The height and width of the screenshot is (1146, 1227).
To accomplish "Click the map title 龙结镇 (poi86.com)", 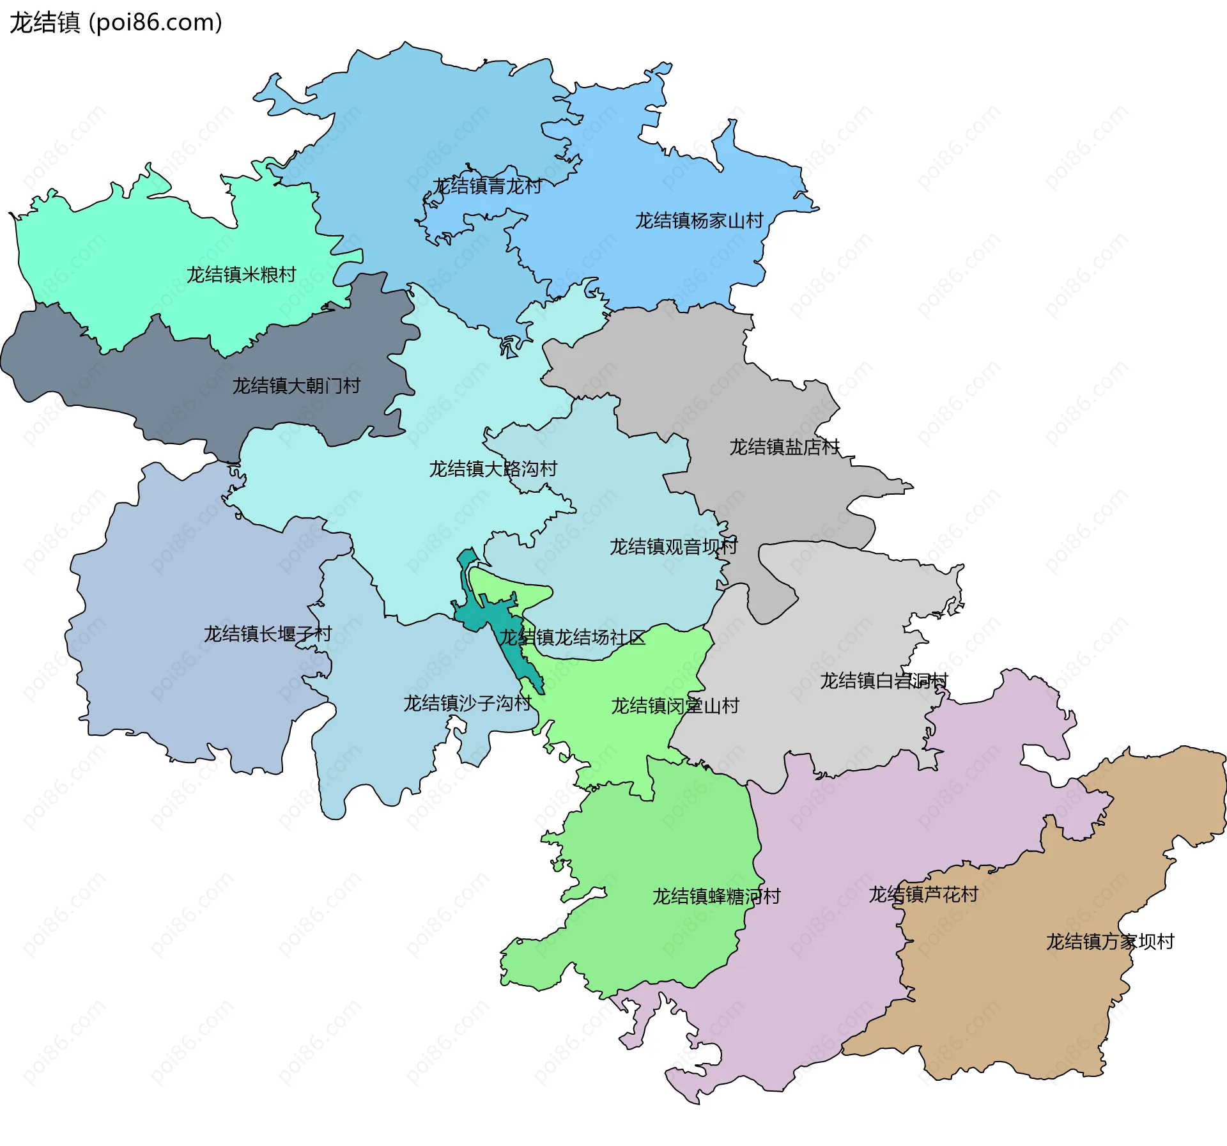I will pos(116,23).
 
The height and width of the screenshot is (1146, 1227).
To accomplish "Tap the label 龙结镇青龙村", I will pos(487,187).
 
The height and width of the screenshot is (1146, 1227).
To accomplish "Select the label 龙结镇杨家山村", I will pos(699,221).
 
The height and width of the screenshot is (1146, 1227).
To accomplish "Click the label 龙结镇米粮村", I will pos(242,275).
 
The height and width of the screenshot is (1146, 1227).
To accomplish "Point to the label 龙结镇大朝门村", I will pos(297,386).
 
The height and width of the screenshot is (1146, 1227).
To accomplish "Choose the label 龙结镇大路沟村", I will pos(493,469).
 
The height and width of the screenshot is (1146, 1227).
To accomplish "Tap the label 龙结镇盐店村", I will pos(785,447).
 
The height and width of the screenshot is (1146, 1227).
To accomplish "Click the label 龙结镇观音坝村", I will pos(674,547).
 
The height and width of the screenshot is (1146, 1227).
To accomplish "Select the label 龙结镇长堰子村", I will pos(268,634).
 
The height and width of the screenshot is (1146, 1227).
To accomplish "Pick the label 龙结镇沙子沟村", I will pos(467,704).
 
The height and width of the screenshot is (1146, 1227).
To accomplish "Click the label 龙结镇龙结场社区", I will pos(572,638).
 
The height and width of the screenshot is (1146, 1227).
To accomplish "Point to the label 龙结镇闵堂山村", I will pos(675,706).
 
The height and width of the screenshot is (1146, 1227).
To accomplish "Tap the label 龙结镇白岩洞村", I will pos(884,681).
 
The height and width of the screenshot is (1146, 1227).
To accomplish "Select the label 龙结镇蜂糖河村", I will pos(716,897).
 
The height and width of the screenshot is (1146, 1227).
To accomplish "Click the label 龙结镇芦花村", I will pos(923,895).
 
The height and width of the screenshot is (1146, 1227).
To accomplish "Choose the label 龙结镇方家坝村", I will pos(1110,942).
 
